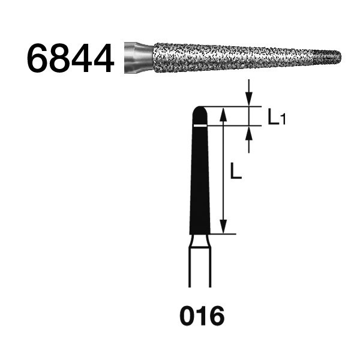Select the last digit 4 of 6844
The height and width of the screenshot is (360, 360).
104,58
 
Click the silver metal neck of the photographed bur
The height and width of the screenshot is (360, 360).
139,58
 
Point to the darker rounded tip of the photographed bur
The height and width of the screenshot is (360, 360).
328,57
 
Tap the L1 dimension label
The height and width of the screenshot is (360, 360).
277,118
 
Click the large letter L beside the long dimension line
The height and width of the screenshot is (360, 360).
236,170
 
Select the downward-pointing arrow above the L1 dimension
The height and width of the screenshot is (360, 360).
248,92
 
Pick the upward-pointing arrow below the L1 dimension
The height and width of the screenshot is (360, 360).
248,140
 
